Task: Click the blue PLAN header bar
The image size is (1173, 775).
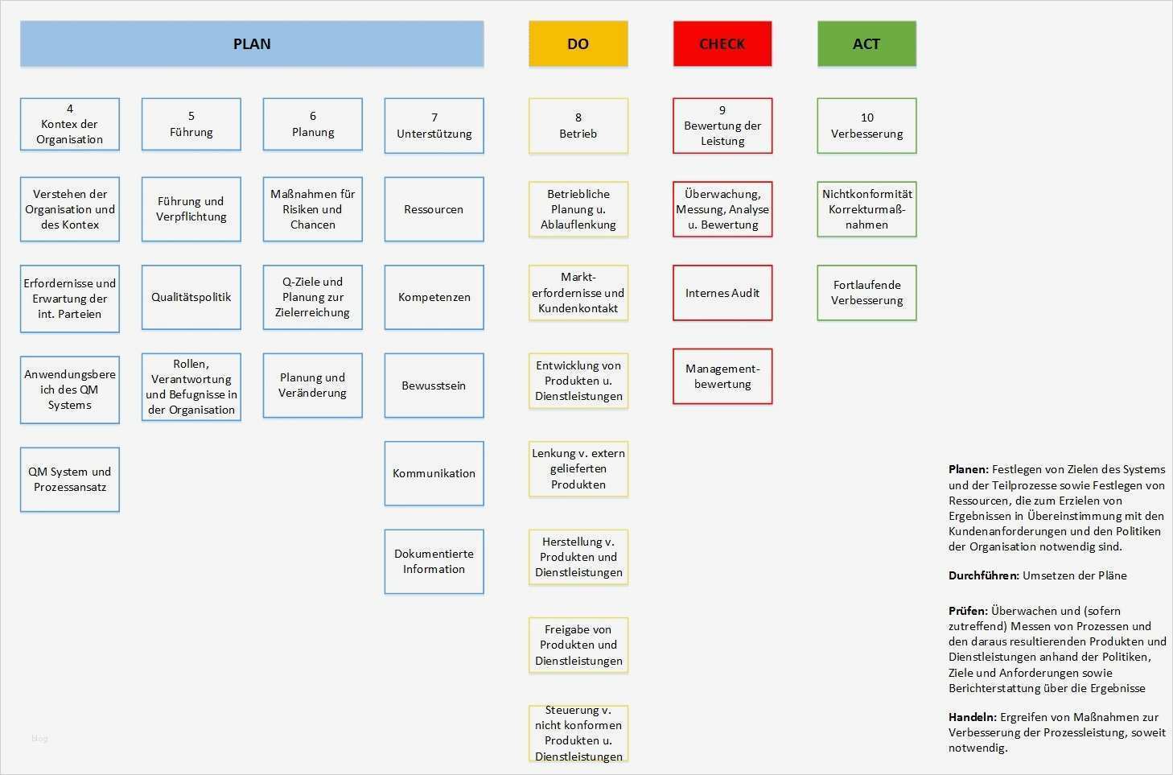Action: pyautogui.click(x=252, y=43)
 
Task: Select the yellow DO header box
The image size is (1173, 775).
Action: pyautogui.click(x=578, y=43)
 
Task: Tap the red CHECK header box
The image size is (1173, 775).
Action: pyautogui.click(x=722, y=43)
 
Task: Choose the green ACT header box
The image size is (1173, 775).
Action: pyautogui.click(x=866, y=43)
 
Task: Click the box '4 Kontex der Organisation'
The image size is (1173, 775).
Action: pyautogui.click(x=70, y=124)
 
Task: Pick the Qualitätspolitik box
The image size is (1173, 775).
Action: pyautogui.click(x=191, y=297)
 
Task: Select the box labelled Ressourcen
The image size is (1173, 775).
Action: pyautogui.click(x=434, y=209)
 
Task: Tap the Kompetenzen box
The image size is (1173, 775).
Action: pyautogui.click(x=434, y=297)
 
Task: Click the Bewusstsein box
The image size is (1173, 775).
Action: pyautogui.click(x=434, y=385)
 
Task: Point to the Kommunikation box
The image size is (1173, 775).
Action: pyautogui.click(x=434, y=473)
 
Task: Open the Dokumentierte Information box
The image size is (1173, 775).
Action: pyautogui.click(x=434, y=561)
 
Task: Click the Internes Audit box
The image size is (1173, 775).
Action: pyautogui.click(x=722, y=293)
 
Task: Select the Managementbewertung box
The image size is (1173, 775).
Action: pyautogui.click(x=722, y=376)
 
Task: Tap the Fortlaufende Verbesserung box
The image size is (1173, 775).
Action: pyautogui.click(x=866, y=292)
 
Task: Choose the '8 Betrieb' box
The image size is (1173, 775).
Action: pyautogui.click(x=578, y=126)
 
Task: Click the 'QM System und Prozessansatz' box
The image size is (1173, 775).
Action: pyautogui.click(x=70, y=479)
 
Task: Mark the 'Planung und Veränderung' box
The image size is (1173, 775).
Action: pyautogui.click(x=312, y=385)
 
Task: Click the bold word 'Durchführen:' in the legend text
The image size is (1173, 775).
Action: pyautogui.click(x=984, y=575)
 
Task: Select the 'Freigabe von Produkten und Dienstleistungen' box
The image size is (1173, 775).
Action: pyautogui.click(x=578, y=645)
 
